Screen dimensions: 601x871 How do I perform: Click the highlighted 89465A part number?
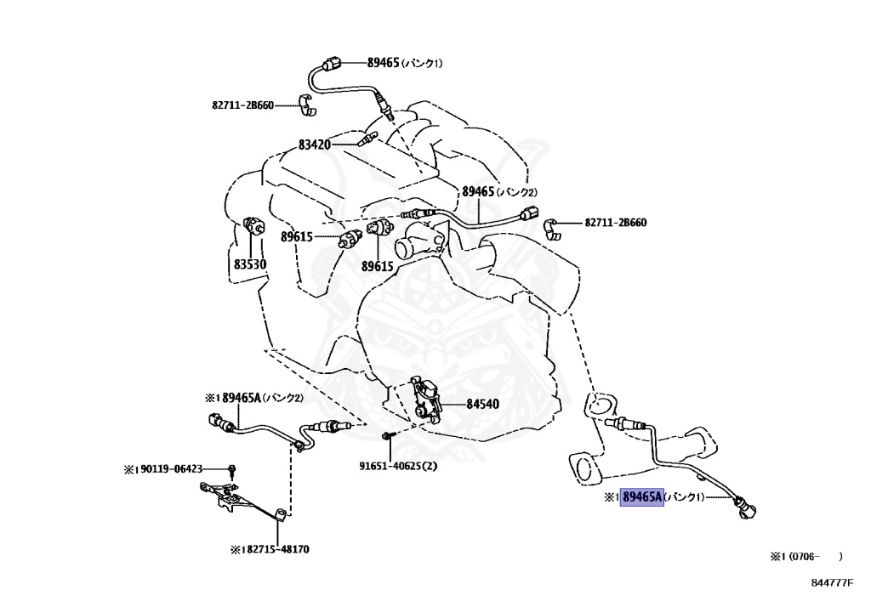[642, 497]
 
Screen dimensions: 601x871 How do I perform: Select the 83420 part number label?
[314, 145]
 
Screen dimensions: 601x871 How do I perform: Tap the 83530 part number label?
[250, 264]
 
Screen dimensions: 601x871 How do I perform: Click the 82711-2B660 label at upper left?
[242, 105]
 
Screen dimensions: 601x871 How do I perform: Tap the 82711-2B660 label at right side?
[615, 223]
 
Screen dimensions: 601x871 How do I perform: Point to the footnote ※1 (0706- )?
[806, 557]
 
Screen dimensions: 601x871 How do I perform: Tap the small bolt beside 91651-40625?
[387, 437]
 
